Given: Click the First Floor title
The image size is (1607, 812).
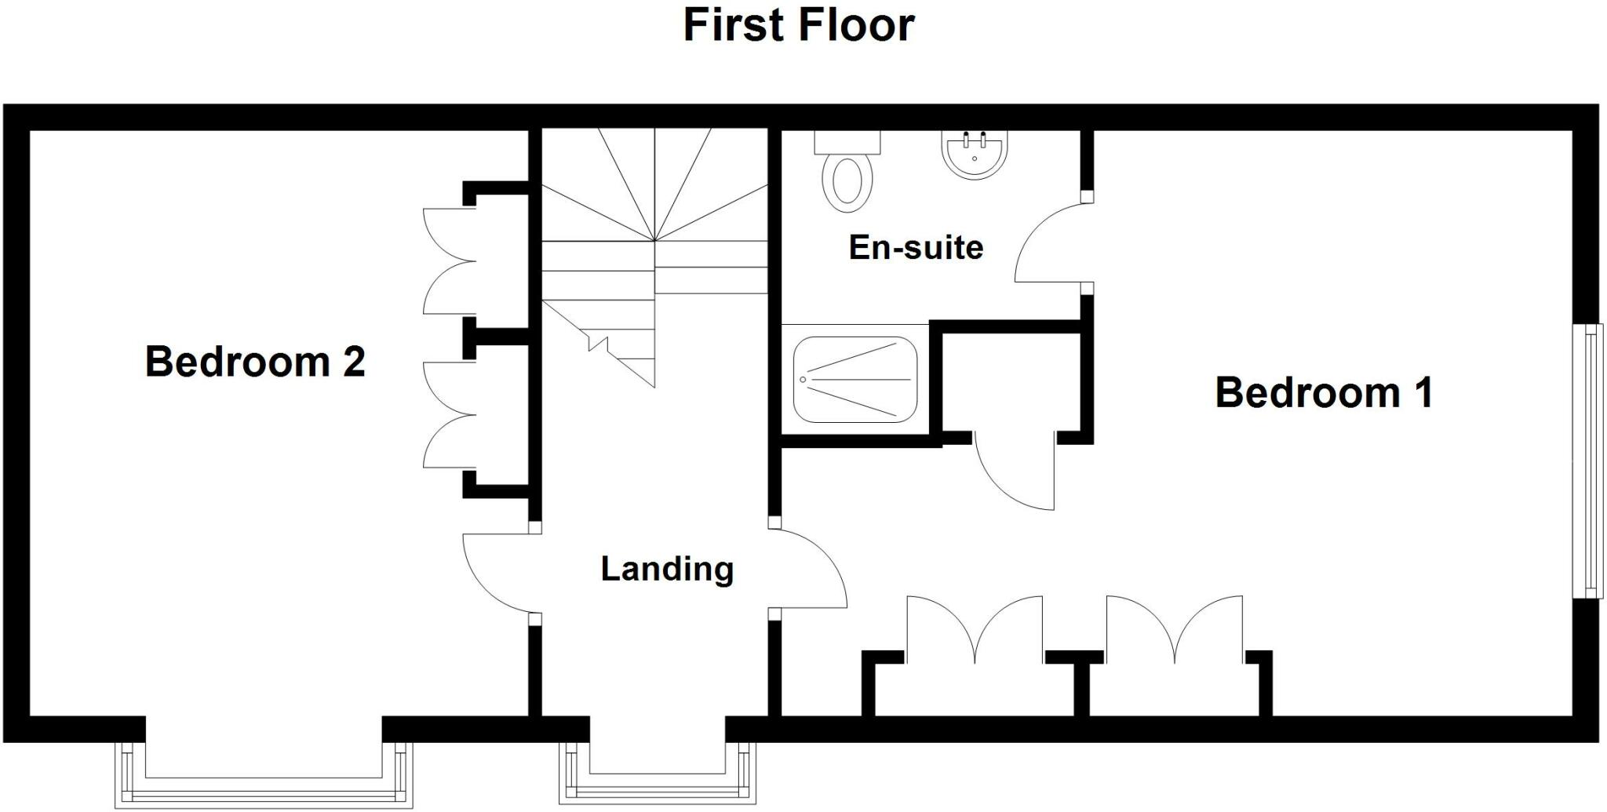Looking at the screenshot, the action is click(x=798, y=25).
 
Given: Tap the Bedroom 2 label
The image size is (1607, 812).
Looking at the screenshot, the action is click(x=255, y=362).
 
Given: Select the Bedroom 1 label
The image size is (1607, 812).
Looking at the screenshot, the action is click(x=1324, y=392).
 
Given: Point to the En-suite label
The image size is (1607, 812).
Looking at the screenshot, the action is click(x=916, y=247).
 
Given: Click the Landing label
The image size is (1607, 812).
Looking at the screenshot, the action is click(x=667, y=569).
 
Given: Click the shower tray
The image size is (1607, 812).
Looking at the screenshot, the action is click(x=855, y=380).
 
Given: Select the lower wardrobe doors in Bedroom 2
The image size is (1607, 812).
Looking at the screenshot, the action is click(x=447, y=415).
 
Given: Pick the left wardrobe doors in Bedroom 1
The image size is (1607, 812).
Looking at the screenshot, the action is click(x=975, y=628).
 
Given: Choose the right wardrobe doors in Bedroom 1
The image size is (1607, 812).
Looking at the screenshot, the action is click(x=1175, y=628).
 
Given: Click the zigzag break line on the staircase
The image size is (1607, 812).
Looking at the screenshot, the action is click(x=598, y=343).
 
